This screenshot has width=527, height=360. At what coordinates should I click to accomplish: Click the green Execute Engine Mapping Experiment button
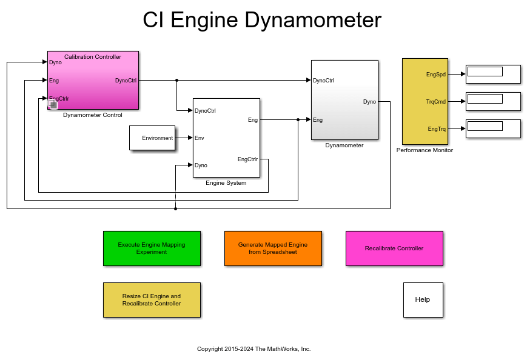pyautogui.click(x=152, y=248)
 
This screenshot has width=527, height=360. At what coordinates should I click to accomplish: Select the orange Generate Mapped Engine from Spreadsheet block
pyautogui.click(x=273, y=248)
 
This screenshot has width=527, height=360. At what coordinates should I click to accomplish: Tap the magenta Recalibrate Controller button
pyautogui.click(x=394, y=248)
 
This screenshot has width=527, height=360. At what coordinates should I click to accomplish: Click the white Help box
pyautogui.click(x=423, y=299)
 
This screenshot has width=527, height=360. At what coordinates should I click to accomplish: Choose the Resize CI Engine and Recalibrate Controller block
pyautogui.click(x=152, y=299)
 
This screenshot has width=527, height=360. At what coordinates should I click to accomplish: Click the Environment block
pyautogui.click(x=152, y=138)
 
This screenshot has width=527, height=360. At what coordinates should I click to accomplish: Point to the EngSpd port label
pyautogui.click(x=436, y=75)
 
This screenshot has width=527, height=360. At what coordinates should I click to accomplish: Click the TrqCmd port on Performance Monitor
pyautogui.click(x=435, y=102)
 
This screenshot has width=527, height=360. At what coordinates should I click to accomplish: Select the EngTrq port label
pyautogui.click(x=436, y=128)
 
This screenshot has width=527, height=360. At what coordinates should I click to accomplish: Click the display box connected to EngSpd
pyautogui.click(x=492, y=74)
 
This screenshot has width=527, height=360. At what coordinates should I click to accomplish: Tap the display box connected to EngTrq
pyautogui.click(x=492, y=128)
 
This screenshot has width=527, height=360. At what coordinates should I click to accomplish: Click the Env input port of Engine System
pyautogui.click(x=199, y=138)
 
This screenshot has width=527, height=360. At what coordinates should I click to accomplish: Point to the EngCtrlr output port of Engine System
pyautogui.click(x=247, y=159)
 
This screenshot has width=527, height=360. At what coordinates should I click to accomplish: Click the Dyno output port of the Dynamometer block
pyautogui.click(x=369, y=102)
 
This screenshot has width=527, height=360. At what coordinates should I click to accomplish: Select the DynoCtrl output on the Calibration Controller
pyautogui.click(x=126, y=80)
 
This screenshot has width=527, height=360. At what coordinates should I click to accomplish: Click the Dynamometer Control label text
pyautogui.click(x=93, y=115)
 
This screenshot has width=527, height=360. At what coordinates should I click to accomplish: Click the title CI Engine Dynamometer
pyautogui.click(x=262, y=20)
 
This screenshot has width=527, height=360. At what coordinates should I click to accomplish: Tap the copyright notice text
pyautogui.click(x=253, y=349)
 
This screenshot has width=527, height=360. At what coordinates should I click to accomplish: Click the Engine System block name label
pyautogui.click(x=226, y=182)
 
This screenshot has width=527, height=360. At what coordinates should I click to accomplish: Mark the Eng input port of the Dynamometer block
pyautogui.click(x=318, y=119)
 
